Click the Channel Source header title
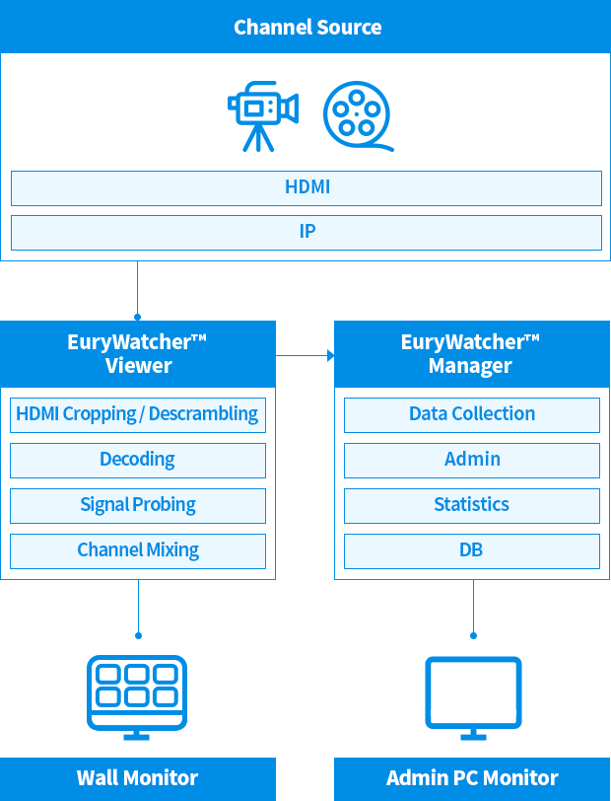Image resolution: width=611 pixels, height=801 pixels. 306,27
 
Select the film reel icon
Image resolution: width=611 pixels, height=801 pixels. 356,115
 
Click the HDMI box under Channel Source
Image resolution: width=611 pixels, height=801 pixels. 306,187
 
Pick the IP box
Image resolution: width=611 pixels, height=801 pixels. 306,233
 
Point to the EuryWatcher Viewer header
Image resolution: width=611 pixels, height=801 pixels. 138,353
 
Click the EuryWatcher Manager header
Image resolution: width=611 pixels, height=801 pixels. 471,353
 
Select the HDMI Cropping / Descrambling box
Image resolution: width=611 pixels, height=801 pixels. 138,414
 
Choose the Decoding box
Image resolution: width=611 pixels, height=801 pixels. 138,460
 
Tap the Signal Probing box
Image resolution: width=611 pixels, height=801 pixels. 138,505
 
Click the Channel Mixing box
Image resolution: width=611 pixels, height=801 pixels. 138,550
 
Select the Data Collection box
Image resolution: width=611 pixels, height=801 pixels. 471,414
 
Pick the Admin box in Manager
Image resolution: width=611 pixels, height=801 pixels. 471,460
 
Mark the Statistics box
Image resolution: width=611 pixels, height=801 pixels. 471,505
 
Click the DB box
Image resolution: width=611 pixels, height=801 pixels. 471,550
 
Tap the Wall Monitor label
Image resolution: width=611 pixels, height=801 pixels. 138,778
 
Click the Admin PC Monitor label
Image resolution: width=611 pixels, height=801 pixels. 471,778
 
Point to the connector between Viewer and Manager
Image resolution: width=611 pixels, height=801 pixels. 305,353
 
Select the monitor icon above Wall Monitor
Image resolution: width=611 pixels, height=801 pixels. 137,695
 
